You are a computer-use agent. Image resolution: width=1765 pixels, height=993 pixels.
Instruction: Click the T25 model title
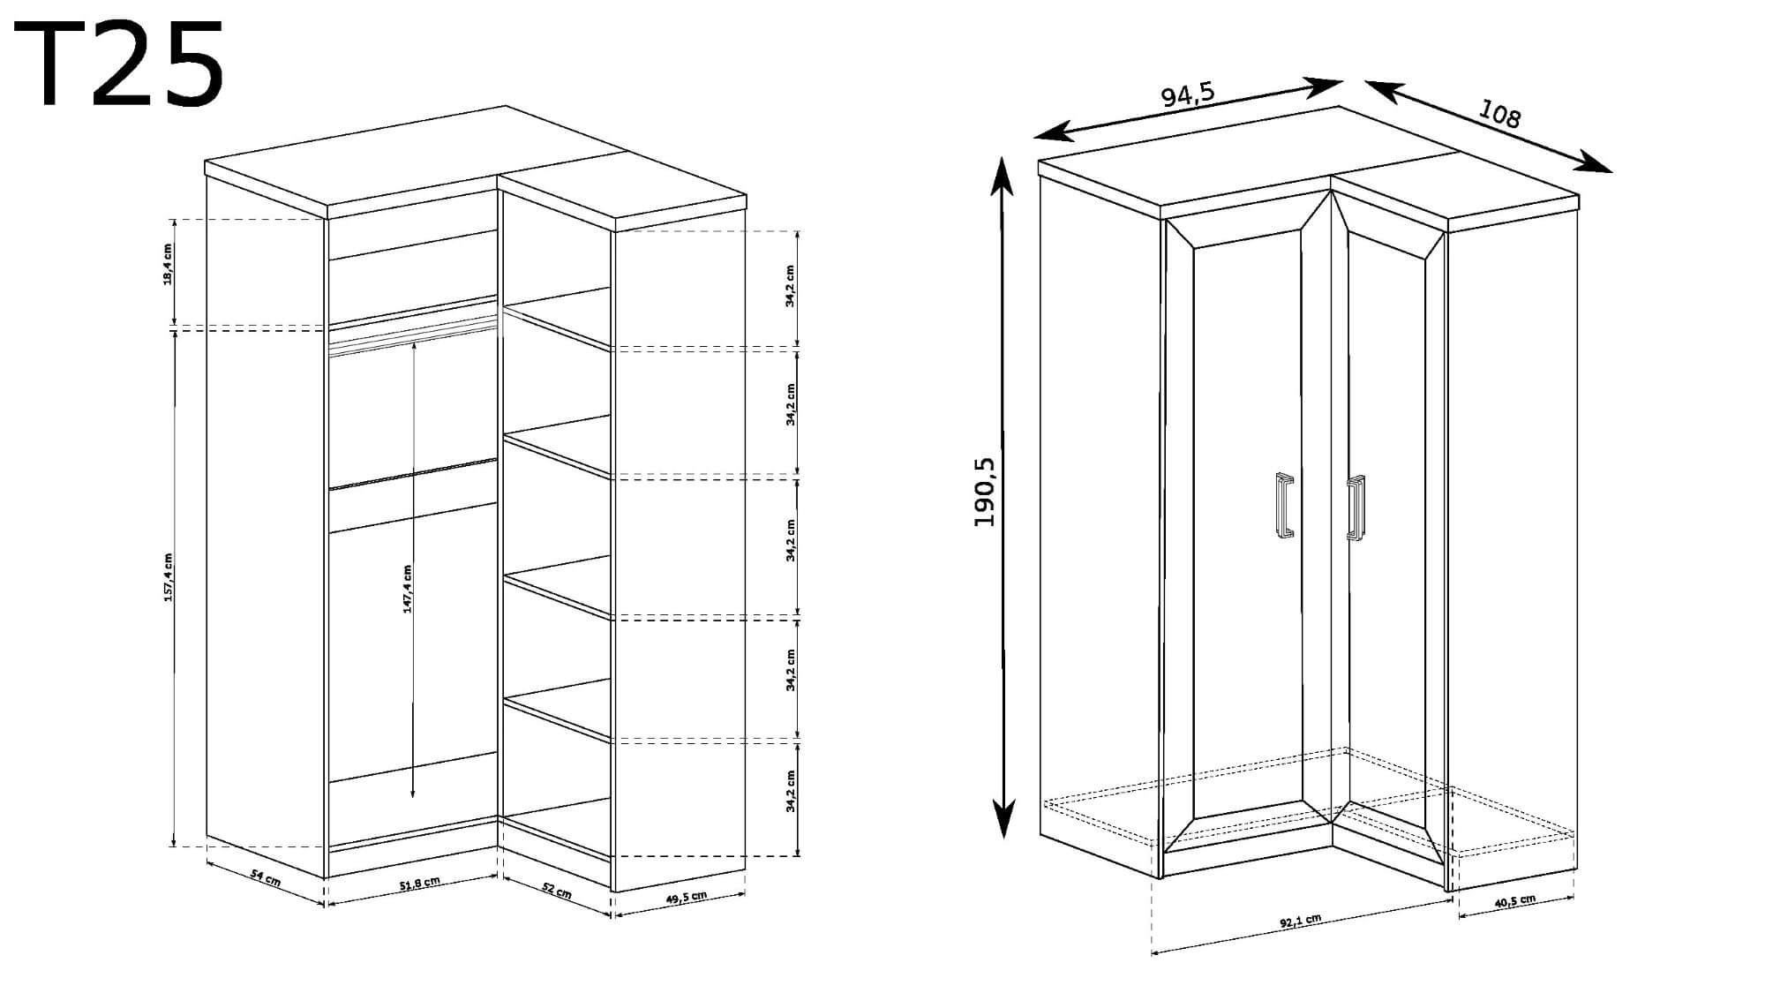coord(119,65)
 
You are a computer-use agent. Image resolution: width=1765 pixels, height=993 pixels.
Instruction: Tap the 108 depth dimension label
coord(1499,114)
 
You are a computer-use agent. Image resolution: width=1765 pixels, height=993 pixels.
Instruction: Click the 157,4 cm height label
coord(168,578)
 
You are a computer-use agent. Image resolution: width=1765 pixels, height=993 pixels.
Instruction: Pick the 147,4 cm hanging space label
coord(407,589)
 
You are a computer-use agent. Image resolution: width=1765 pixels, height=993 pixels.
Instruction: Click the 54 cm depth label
coord(266,880)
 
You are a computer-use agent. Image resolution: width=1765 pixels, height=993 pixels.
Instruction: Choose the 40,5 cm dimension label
coord(1513,903)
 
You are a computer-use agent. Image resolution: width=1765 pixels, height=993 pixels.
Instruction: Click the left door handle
coord(1285,505)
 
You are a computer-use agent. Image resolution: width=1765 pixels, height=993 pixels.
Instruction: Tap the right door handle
coord(1356,508)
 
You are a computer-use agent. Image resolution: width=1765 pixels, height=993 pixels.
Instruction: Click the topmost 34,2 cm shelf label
coord(791,285)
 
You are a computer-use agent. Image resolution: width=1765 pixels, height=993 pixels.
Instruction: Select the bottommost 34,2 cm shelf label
coord(791,792)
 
